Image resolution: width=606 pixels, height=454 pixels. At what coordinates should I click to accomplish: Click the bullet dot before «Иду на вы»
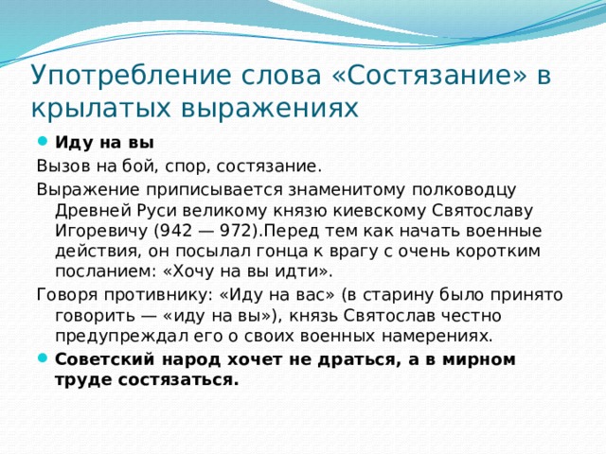pos(43,144)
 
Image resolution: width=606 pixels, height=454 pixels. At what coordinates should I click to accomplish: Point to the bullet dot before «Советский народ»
pos(43,359)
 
